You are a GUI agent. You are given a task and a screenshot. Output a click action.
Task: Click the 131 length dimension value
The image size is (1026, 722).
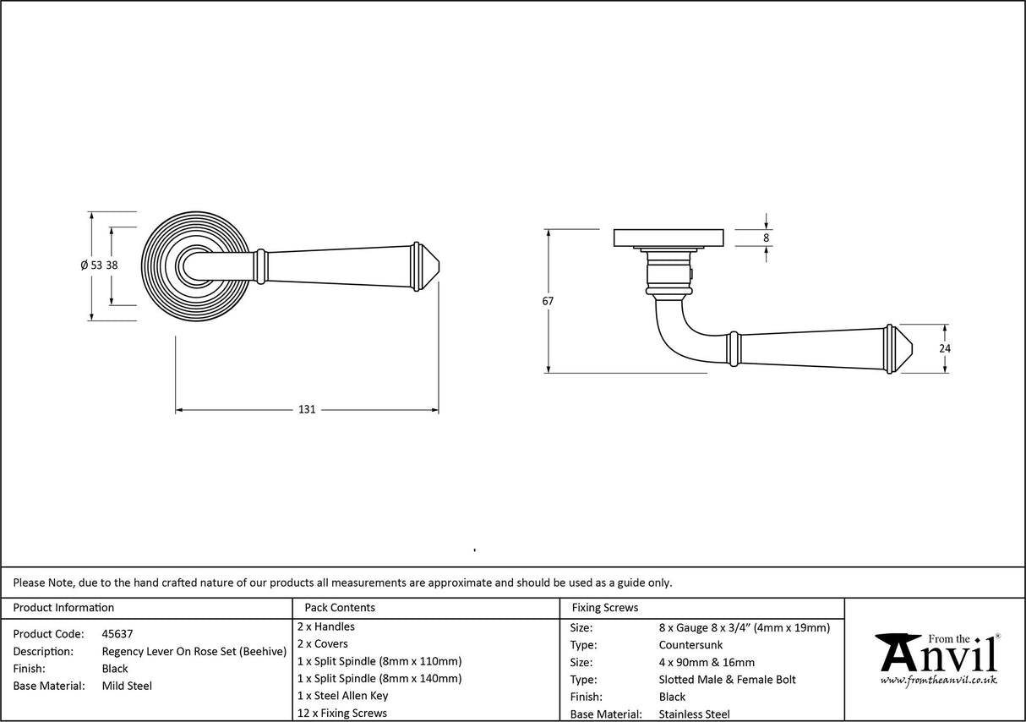coord(307,409)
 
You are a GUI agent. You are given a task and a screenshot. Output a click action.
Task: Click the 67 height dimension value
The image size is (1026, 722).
coord(548,301)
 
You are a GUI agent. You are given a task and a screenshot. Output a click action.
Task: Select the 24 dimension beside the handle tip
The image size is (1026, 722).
coord(945,347)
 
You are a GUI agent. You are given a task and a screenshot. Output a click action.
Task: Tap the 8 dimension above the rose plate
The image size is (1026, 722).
coord(766,238)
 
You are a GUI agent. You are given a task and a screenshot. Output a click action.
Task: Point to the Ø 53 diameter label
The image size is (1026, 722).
coord(91,265)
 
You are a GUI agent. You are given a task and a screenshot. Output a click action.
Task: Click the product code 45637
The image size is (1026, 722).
coord(117,633)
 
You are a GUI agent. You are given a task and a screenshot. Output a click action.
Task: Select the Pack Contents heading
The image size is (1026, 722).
coord(340,607)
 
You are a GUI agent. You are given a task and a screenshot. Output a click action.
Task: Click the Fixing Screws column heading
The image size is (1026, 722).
coord(605,607)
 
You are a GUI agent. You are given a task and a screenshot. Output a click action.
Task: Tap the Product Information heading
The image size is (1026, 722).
coord(63,607)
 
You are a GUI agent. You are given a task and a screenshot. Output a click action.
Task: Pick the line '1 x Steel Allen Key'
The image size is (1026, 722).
coord(343,696)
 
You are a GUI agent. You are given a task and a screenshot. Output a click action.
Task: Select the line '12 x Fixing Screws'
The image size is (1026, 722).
coord(342,714)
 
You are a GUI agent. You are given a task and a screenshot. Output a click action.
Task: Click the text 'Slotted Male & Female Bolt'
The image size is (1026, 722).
coord(727,680)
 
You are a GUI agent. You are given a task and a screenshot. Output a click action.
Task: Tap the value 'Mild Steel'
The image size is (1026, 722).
coord(127,686)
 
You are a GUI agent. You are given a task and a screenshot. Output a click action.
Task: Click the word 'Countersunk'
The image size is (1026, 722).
coord(690,645)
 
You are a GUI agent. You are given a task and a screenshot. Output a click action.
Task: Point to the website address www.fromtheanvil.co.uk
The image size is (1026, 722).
coord(938,681)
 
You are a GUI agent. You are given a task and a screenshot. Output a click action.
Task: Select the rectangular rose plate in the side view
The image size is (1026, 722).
coord(669,238)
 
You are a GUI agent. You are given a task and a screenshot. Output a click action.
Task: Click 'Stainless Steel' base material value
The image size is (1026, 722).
coord(695,714)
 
